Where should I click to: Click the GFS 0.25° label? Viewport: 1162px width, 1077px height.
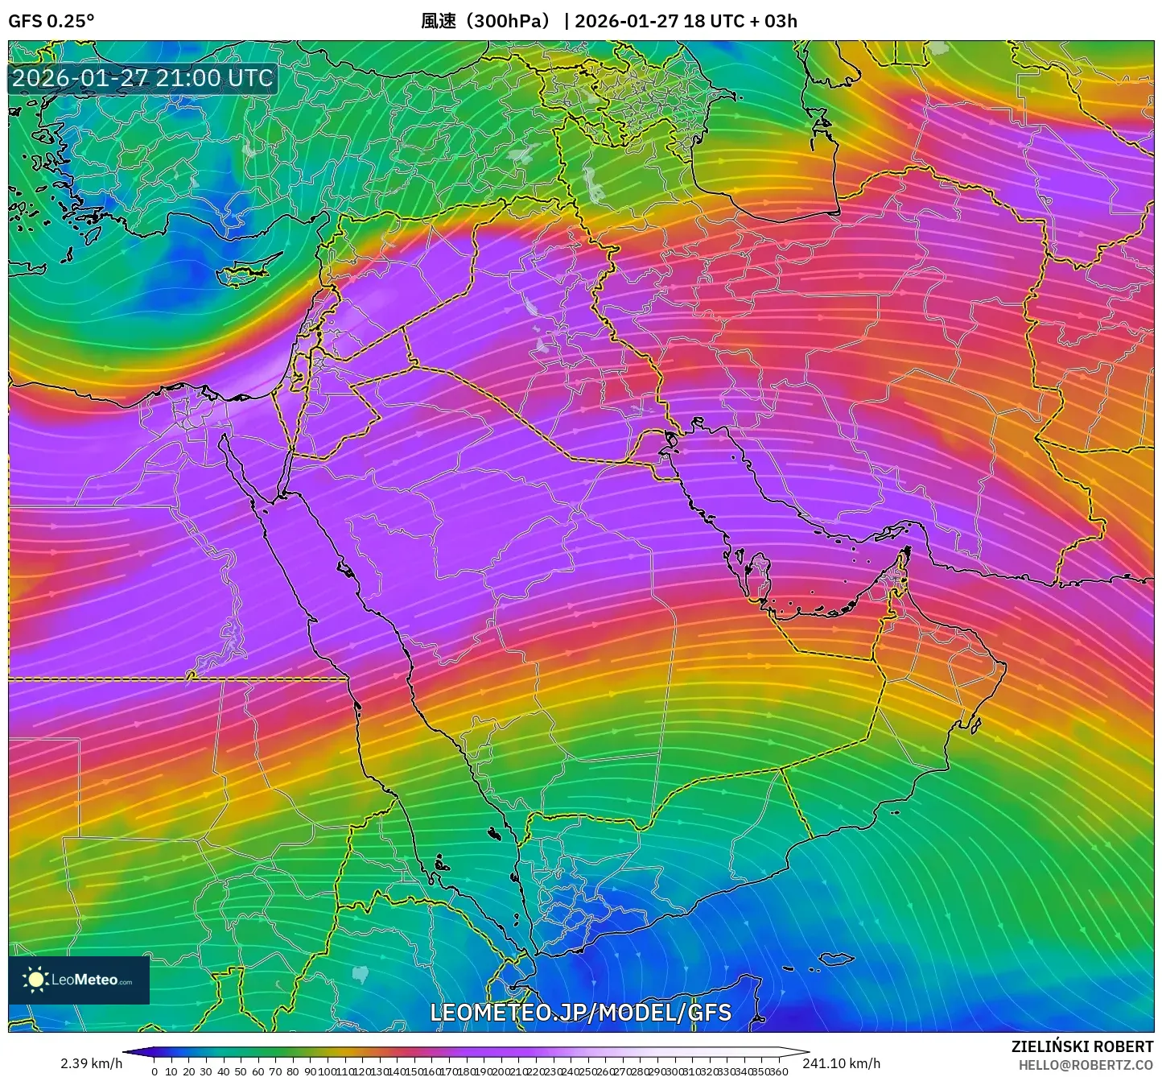(51, 21)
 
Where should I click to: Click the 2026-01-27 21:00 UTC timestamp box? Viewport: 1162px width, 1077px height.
(142, 78)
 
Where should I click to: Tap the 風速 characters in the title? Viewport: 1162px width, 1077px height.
(439, 21)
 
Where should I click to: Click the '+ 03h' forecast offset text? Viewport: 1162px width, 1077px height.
(773, 21)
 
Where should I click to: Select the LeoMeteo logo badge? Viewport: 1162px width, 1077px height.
(79, 980)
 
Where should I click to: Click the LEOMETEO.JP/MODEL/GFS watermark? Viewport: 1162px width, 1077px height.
(580, 1012)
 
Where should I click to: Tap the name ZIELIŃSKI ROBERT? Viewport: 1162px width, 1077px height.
(1082, 1046)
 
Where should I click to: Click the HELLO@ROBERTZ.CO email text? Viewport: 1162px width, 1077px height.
(1086, 1065)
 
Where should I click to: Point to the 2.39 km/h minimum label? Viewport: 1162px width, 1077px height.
(91, 1063)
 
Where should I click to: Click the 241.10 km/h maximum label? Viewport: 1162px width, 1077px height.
(841, 1063)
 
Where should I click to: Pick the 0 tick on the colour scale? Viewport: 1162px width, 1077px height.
(155, 1071)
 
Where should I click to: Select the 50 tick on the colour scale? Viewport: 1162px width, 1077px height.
(240, 1071)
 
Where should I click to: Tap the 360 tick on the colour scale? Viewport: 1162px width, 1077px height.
(778, 1071)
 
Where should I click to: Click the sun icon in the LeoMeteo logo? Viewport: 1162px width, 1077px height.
(35, 980)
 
